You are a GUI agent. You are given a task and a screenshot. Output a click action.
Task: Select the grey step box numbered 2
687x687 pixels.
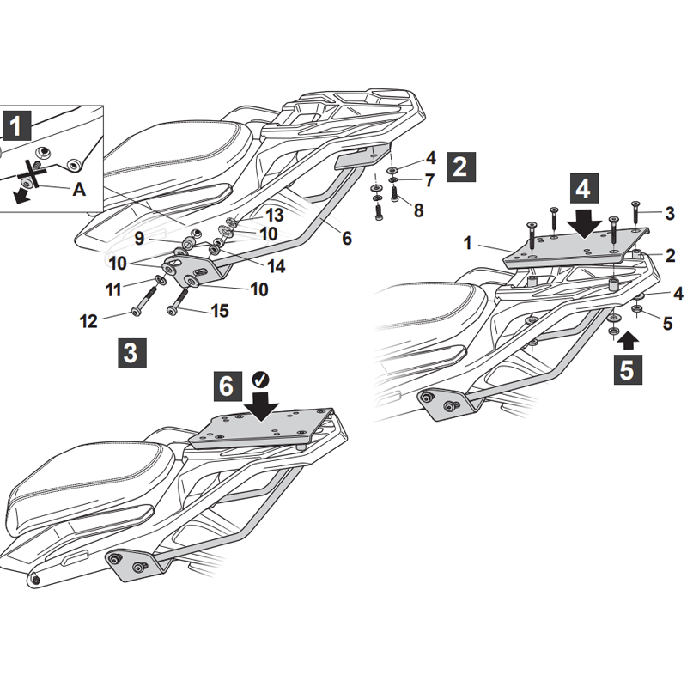pos(460,166)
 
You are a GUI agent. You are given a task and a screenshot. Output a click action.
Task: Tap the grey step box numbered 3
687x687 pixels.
pos(131,353)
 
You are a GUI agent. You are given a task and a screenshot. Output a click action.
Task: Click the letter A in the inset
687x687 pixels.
pos(79,190)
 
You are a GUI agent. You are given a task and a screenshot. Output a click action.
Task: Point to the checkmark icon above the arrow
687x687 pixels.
pos(259,379)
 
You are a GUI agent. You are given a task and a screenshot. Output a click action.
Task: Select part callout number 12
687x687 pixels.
pos(88,321)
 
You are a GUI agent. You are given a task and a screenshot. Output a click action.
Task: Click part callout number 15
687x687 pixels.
pos(220,311)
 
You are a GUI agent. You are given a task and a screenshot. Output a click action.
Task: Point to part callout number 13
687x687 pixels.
pos(274,214)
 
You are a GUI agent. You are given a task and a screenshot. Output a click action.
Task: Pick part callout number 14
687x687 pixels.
pos(275,266)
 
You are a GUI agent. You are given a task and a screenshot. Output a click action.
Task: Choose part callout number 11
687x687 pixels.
pos(114,289)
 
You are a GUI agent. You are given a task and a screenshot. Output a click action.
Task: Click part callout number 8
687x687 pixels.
pos(418,210)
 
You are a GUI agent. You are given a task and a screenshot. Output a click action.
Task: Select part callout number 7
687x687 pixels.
pos(429,180)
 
